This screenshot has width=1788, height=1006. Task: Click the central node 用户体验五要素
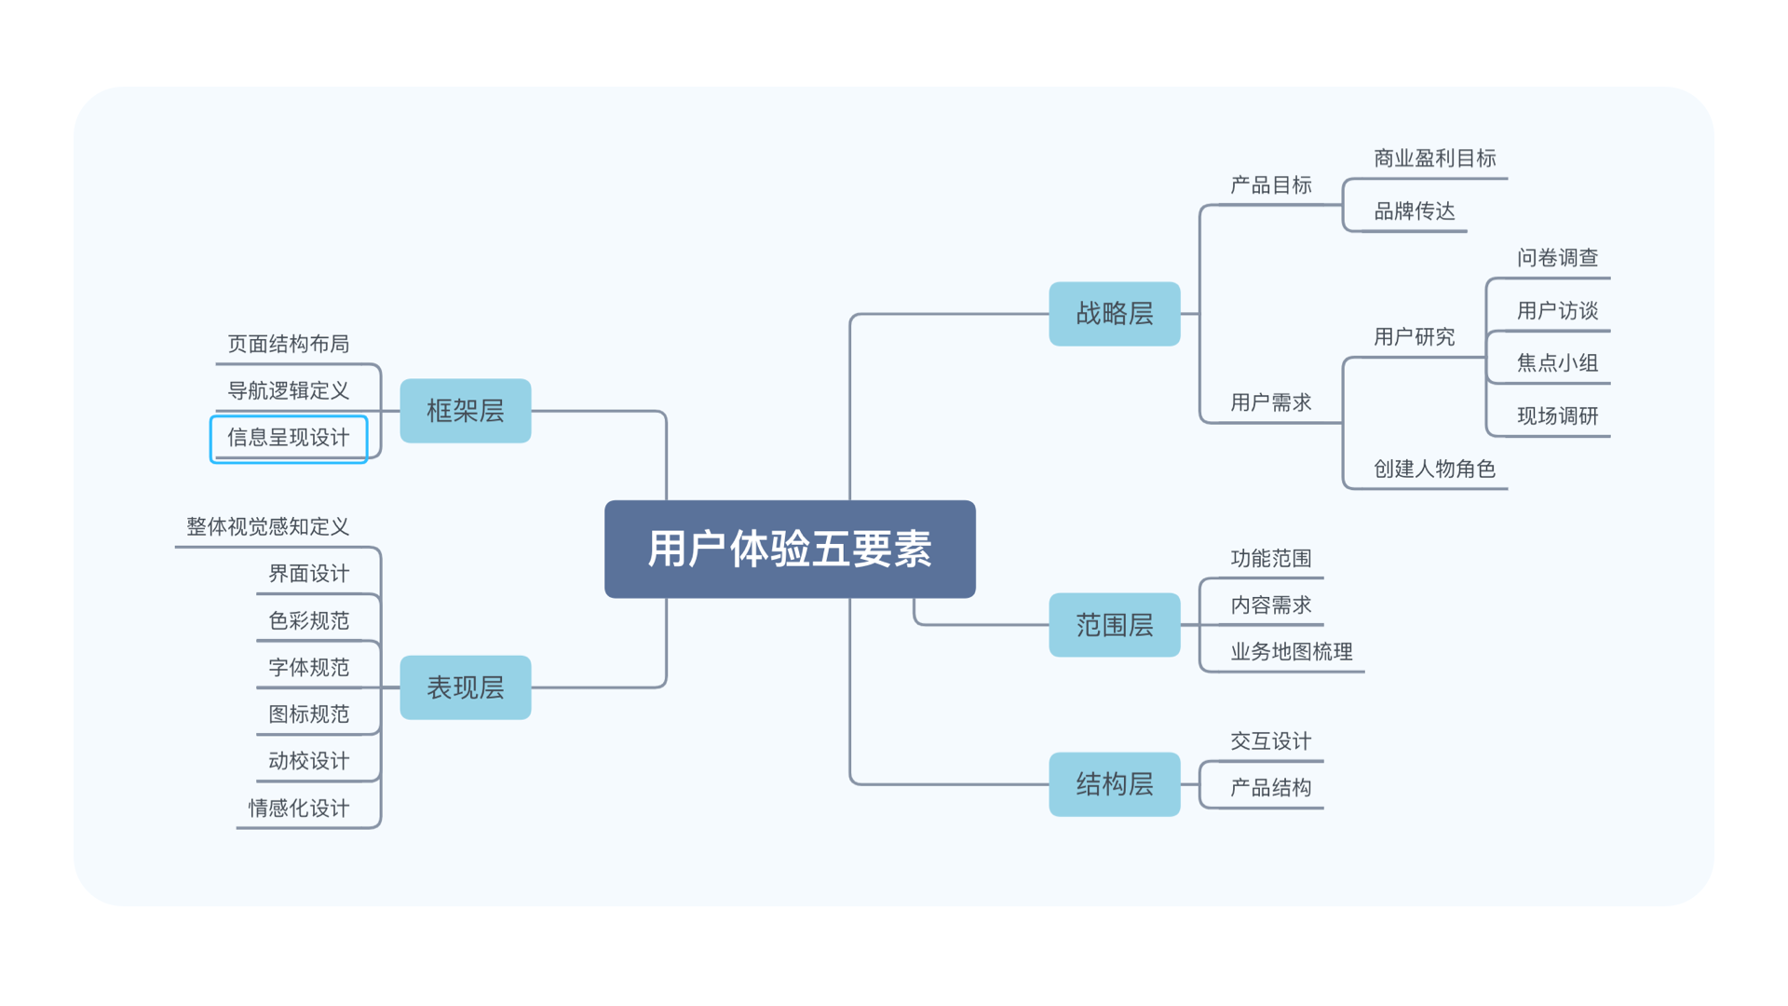(790, 549)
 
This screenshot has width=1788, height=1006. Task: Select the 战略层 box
(1114, 314)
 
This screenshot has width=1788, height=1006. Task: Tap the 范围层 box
(1114, 625)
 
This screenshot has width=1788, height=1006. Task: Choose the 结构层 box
(1114, 784)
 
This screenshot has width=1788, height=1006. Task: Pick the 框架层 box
(465, 411)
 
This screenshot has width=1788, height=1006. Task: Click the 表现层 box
(465, 687)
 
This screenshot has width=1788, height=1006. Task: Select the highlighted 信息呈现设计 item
(289, 438)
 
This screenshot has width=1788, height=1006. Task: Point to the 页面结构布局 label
(289, 345)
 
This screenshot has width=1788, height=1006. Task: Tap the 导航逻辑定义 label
(289, 391)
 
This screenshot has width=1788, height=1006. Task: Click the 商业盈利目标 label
(1434, 159)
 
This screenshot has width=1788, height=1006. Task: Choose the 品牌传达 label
(1414, 211)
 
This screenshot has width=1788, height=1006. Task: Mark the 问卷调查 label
(1557, 258)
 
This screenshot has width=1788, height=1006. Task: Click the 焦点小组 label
(1557, 363)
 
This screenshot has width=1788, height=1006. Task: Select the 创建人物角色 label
(1434, 469)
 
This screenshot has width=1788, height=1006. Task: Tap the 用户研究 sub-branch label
(1414, 337)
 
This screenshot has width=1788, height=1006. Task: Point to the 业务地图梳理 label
(1291, 652)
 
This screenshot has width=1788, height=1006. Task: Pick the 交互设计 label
(1270, 741)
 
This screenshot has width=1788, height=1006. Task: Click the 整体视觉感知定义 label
(268, 527)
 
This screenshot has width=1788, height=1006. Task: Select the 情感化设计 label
(299, 809)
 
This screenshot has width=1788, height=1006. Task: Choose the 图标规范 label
(309, 714)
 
